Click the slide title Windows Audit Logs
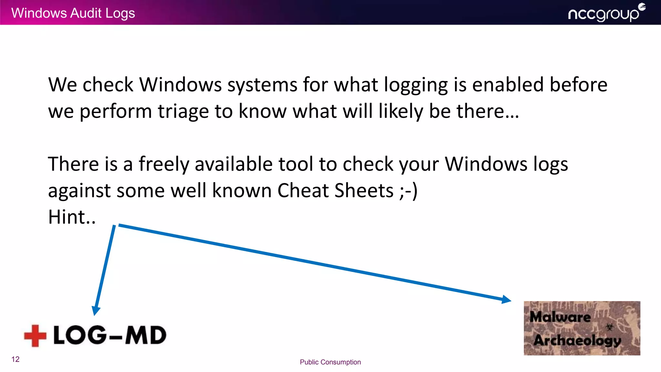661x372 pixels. pos(73,13)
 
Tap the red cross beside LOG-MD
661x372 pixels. pos(35,336)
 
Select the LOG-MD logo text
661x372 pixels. pos(110,335)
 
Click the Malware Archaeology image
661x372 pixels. pos(582,328)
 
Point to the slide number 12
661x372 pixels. pos(15,359)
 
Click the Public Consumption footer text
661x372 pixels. pos(330,362)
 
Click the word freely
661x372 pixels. pos(164,164)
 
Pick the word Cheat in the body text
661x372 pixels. pos(303,190)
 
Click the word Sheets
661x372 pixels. pos(364,190)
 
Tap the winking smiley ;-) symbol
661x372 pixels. pos(408,191)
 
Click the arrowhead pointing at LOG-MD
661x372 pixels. pos(96,311)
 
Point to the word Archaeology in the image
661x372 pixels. pos(577,340)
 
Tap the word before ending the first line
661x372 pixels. pos(578,85)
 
